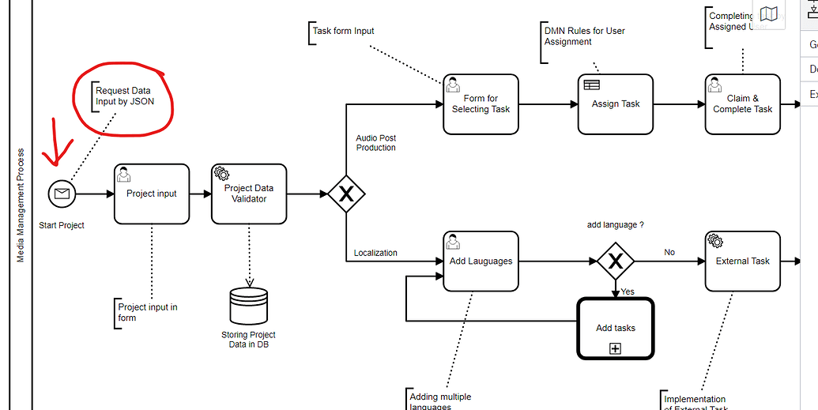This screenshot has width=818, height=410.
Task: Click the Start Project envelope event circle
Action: [62, 194]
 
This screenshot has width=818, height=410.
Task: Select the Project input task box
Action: [152, 194]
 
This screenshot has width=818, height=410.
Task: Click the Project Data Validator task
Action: [249, 194]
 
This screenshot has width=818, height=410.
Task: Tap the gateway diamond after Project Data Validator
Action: [345, 194]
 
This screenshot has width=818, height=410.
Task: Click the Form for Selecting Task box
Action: [481, 104]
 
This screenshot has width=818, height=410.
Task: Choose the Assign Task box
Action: [616, 104]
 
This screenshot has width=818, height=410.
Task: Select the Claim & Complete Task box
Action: [742, 104]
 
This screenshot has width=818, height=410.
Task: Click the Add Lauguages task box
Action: [481, 261]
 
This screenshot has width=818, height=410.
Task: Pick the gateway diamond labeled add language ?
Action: [615, 261]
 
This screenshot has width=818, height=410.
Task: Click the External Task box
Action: [742, 261]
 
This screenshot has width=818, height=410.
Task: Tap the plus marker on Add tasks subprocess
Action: [616, 348]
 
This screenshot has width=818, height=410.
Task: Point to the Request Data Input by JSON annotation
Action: [124, 96]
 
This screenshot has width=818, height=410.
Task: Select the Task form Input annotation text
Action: [343, 32]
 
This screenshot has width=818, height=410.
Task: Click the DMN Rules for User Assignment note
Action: [584, 36]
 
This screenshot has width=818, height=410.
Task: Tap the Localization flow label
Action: [375, 254]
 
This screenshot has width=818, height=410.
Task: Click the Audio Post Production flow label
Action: [375, 143]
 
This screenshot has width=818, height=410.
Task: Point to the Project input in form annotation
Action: [147, 312]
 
